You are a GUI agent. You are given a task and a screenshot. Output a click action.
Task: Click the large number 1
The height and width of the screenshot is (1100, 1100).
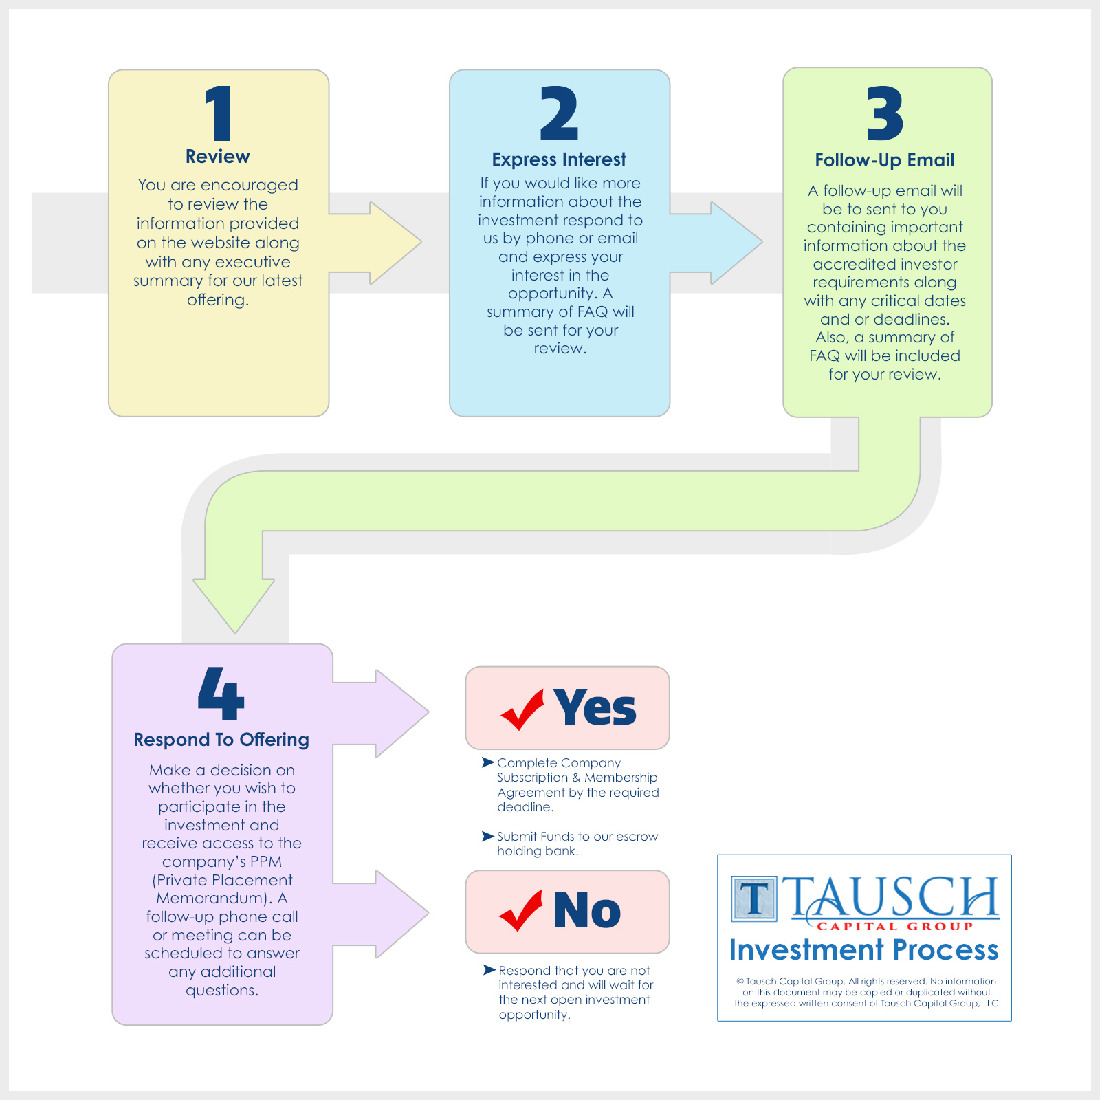click(x=219, y=113)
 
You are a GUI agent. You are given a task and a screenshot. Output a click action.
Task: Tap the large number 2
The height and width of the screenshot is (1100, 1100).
click(x=559, y=113)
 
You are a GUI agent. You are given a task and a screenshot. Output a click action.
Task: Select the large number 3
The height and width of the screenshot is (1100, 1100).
click(x=885, y=113)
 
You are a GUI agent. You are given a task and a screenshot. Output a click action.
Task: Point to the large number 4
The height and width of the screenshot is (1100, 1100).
click(x=221, y=693)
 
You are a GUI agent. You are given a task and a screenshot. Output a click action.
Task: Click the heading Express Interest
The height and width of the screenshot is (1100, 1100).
click(x=559, y=159)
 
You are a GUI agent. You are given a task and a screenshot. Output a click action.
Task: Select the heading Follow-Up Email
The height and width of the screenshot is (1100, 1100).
click(x=885, y=160)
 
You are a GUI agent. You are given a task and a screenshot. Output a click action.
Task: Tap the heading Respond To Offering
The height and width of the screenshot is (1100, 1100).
click(x=221, y=740)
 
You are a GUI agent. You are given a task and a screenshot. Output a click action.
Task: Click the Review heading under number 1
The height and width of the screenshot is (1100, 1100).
click(x=218, y=157)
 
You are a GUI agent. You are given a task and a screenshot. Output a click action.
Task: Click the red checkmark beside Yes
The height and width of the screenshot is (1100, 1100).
click(x=522, y=709)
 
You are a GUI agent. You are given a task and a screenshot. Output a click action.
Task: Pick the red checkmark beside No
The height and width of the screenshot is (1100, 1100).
click(x=521, y=911)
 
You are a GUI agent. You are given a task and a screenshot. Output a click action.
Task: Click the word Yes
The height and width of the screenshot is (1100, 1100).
click(x=595, y=707)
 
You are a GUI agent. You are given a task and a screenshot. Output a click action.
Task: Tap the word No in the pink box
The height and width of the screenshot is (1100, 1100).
click(x=587, y=910)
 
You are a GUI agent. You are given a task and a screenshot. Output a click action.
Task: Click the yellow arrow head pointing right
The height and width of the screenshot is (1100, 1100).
click(x=395, y=243)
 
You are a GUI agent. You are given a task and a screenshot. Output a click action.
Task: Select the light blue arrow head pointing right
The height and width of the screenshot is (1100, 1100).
click(x=736, y=243)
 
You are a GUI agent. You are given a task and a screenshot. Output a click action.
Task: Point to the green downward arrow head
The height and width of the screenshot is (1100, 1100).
click(x=234, y=606)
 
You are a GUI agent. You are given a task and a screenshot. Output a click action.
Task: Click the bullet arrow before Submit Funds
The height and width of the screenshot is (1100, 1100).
click(x=488, y=836)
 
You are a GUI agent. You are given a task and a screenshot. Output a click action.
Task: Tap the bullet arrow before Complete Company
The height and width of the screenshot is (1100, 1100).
click(x=488, y=762)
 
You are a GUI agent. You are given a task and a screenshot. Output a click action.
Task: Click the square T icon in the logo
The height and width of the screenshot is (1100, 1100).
click(x=754, y=899)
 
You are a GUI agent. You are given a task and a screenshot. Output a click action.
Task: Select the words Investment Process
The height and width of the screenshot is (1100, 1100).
click(x=864, y=950)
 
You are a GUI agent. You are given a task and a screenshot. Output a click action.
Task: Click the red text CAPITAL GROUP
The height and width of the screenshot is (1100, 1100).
click(x=895, y=927)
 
